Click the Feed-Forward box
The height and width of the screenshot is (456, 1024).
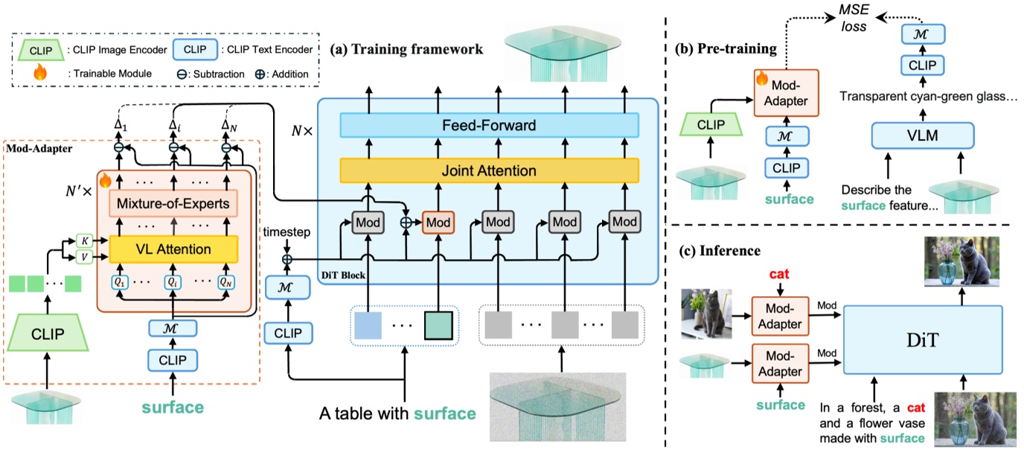(489, 126)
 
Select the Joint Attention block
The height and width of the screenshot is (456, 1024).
(489, 171)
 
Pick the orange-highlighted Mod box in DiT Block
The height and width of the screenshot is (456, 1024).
(438, 222)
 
